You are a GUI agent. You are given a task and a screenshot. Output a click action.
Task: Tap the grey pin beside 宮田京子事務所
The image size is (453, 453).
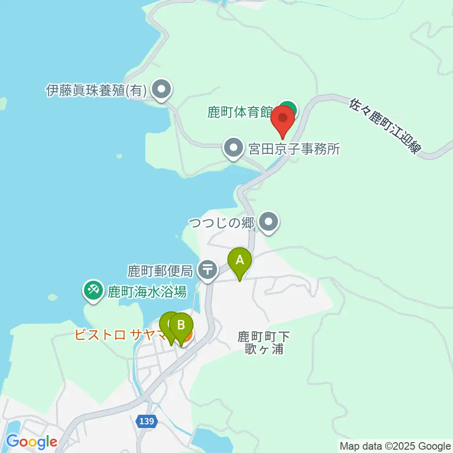coord(233,148)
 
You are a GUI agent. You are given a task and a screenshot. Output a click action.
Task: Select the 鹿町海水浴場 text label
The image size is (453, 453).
coord(147,291)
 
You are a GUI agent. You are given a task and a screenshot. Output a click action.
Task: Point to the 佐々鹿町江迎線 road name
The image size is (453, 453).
coord(385,126)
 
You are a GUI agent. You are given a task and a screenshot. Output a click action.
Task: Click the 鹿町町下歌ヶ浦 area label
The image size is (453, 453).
coord(263,343)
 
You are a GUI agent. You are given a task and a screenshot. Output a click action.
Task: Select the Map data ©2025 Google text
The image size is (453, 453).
coord(395,446)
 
